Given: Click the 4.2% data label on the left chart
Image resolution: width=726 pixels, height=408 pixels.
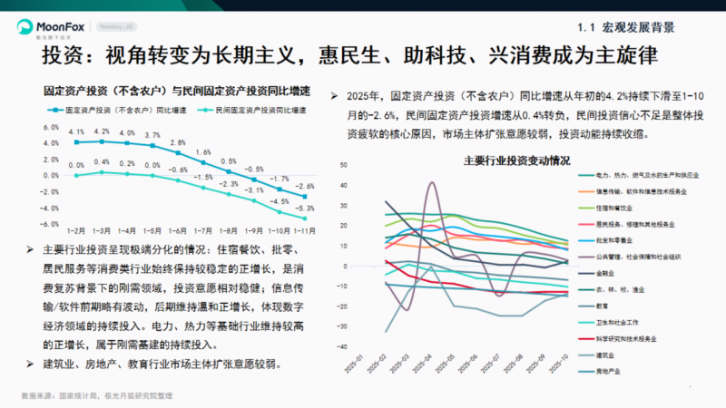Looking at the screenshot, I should (x=103, y=131).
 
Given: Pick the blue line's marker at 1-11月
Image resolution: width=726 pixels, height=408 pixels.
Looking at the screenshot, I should (x=305, y=197).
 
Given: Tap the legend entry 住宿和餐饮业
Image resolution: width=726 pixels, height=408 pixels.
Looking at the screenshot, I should (x=617, y=208).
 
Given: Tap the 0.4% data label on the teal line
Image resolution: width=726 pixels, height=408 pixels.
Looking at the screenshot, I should (x=103, y=161).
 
